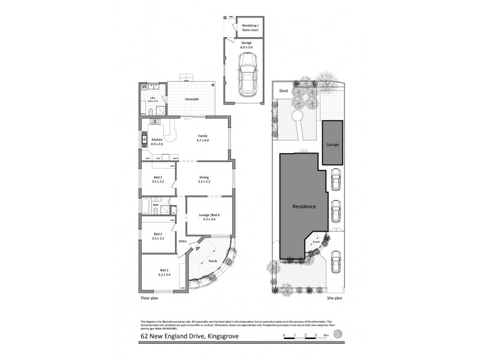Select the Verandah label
click(191, 99)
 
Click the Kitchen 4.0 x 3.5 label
click(157, 142)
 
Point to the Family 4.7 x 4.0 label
click(203, 139)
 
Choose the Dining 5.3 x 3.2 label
click(204, 180)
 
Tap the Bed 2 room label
click(158, 235)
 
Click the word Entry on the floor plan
click(183, 241)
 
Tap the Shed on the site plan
click(284, 91)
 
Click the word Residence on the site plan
click(304, 206)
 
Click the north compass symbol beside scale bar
click(340, 334)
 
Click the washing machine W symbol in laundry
click(144, 86)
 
